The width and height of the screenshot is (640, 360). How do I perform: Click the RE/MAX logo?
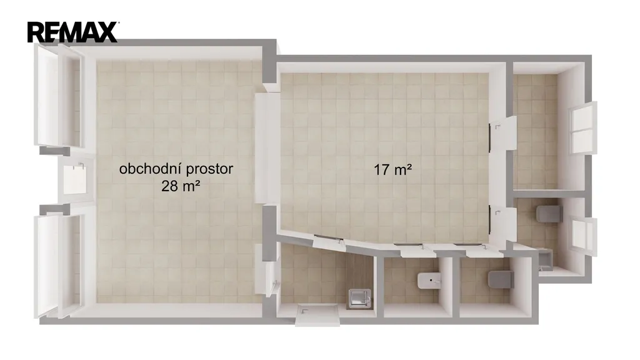(x=73, y=32)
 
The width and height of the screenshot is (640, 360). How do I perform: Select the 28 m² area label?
(x=181, y=186)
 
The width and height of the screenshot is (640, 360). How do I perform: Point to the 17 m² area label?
(x=392, y=169)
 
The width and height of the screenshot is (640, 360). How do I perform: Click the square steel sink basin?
(x=359, y=299)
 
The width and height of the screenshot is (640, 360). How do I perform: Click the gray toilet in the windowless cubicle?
(x=501, y=279)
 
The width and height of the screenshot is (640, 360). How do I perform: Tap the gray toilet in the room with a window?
(x=549, y=214)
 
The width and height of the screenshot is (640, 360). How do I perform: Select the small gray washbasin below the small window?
(x=546, y=261)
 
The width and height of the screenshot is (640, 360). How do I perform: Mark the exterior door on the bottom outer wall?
(x=317, y=315)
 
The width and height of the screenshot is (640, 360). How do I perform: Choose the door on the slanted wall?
(x=329, y=241)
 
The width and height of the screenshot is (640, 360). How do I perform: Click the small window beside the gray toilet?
(x=584, y=237)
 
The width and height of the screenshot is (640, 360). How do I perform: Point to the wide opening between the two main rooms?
(x=267, y=147)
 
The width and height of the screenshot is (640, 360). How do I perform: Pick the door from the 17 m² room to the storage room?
(x=503, y=134)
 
